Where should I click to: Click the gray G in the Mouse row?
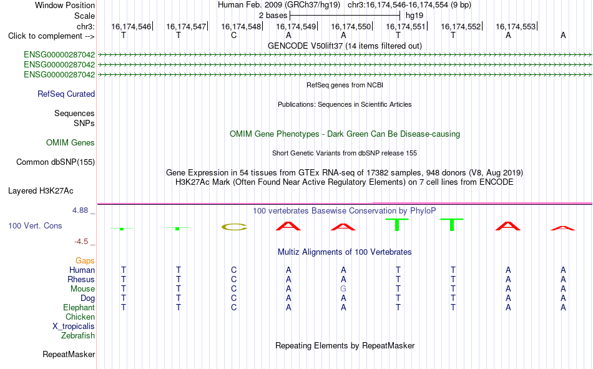tap(343, 288)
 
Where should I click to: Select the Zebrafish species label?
tap(78, 336)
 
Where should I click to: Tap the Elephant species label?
tap(79, 308)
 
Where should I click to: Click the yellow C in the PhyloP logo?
tap(234, 227)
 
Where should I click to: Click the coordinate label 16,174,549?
tap(296, 26)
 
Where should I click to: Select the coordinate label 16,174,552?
tap(461, 26)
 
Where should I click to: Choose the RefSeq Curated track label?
tap(66, 94)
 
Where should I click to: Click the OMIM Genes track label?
tap(71, 143)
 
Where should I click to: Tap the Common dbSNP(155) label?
tap(56, 162)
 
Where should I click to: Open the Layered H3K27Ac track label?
tap(41, 191)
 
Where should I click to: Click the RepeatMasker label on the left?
tap(69, 354)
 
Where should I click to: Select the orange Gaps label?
tap(85, 261)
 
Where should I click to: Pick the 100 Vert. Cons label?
tap(35, 225)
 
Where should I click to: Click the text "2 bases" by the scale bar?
tap(273, 16)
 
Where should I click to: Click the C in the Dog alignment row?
tap(233, 298)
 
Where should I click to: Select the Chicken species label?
tap(80, 317)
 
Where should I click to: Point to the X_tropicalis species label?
tap(74, 327)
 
